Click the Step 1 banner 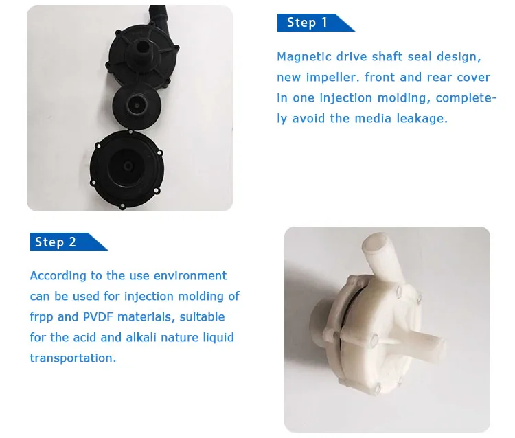(315, 23)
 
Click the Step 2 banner (68, 242)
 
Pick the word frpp (41, 317)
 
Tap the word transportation (73, 358)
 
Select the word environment (190, 275)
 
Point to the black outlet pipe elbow (158, 18)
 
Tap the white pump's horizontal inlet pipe (421, 344)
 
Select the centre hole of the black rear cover (128, 166)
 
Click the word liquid (218, 338)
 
